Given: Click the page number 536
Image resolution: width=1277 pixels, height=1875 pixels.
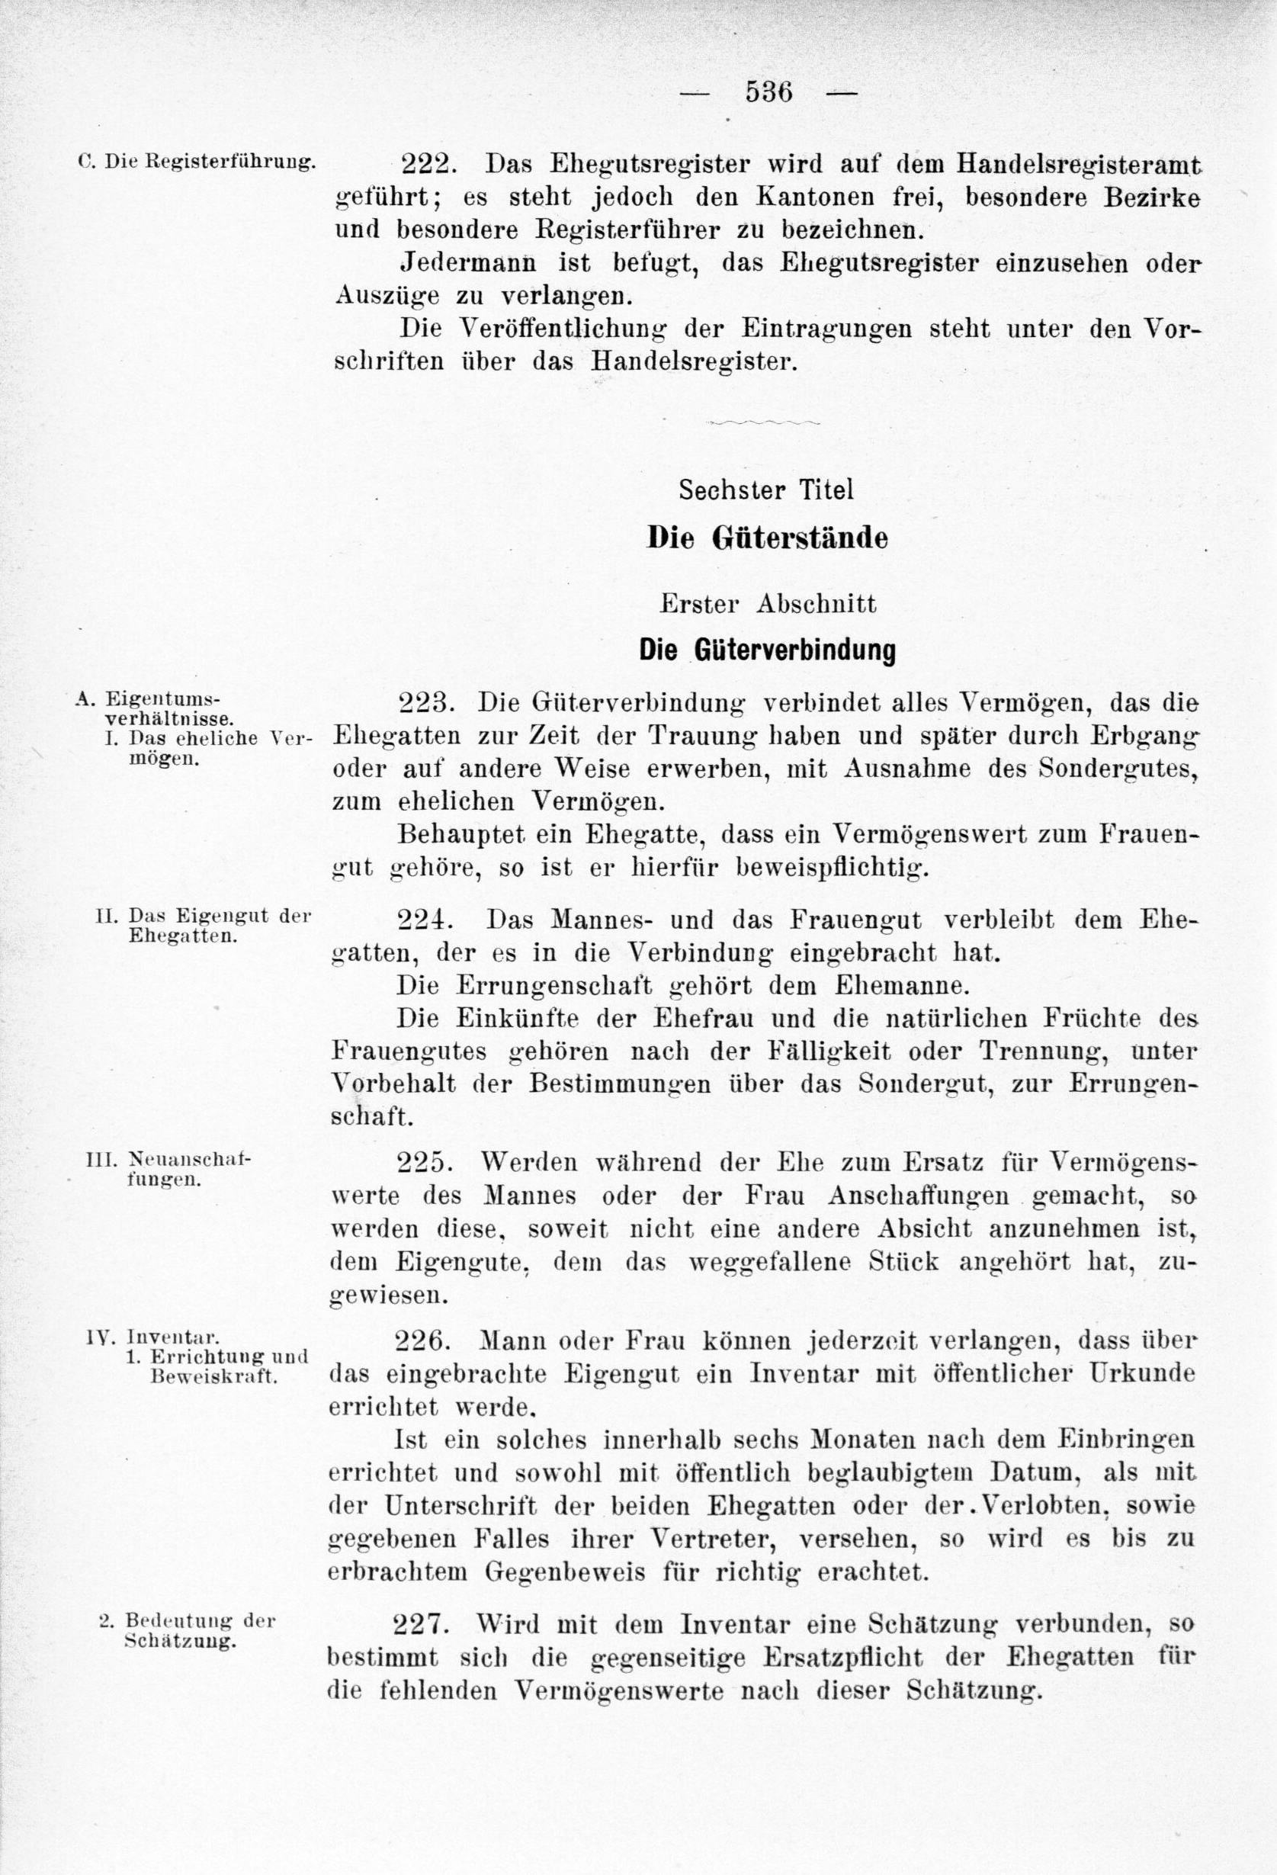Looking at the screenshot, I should coord(768,92).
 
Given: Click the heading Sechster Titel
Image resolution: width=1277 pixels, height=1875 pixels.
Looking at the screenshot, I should coord(765,490).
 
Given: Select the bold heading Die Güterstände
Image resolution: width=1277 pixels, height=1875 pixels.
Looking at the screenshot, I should coord(767,538).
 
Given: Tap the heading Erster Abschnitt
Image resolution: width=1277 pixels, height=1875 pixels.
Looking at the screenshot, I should coord(767,605).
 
